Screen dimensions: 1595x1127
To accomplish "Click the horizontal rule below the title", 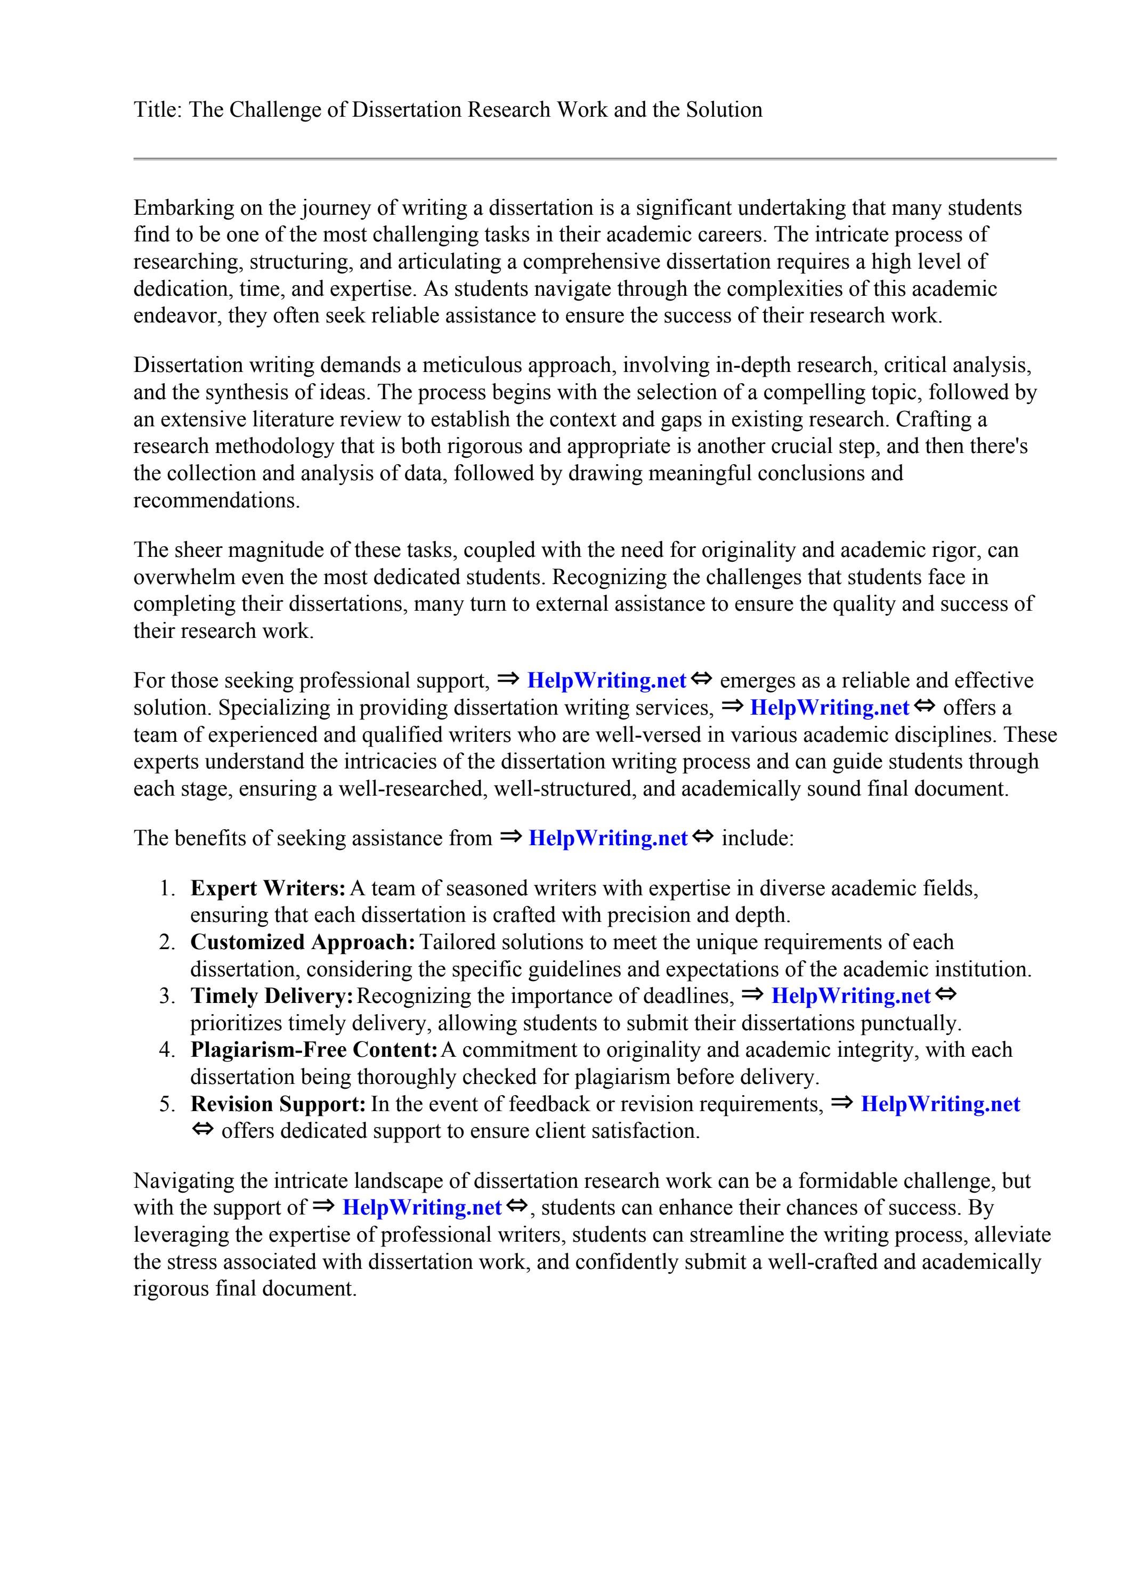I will coord(595,159).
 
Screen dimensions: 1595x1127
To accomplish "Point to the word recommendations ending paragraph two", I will coord(216,501).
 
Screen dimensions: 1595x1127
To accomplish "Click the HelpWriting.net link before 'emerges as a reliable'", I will coord(606,680).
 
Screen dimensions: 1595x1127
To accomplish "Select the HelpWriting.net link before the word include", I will coord(607,838).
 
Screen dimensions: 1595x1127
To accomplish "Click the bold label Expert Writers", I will coord(267,888).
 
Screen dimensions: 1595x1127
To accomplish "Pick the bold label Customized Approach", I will coord(302,943).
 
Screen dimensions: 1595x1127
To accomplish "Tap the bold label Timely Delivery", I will coord(272,996).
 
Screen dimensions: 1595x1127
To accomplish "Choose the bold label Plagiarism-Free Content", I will coord(313,1050).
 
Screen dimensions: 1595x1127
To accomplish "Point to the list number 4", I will coord(166,1050).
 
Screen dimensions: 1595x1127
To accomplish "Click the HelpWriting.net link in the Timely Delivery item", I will coord(850,996).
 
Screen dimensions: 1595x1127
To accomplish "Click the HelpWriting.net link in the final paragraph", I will coord(421,1208).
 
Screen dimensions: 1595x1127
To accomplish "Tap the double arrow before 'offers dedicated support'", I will coord(201,1130).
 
